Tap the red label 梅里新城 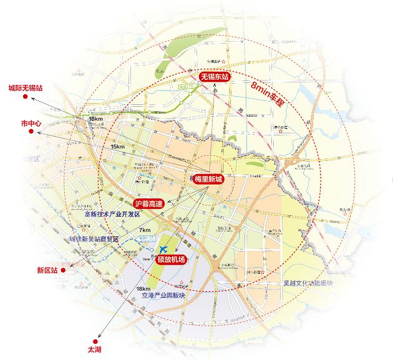[208, 178]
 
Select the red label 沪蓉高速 [148, 203]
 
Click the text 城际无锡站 [25, 89]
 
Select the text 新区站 [47, 271]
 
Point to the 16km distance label [95, 119]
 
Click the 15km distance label [117, 147]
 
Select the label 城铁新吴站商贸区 [97, 239]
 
